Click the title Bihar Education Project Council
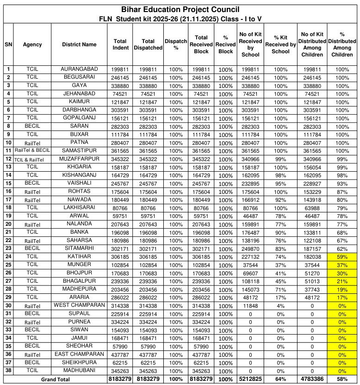(x=180, y=9)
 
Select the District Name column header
(x=79, y=44)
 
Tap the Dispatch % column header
(x=175, y=44)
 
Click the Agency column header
(x=32, y=44)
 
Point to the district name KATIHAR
(x=79, y=256)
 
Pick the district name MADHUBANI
(x=79, y=370)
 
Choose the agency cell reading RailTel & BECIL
(x=32, y=151)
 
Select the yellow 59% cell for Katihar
(x=342, y=257)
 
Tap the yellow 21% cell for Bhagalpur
(x=342, y=281)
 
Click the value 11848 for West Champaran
(x=250, y=306)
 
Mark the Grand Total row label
(x=56, y=379)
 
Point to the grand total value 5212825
(x=250, y=379)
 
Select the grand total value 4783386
(x=312, y=379)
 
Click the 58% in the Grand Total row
(x=342, y=379)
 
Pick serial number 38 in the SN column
(x=8, y=371)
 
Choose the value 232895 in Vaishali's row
(x=250, y=184)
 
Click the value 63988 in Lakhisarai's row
(x=312, y=208)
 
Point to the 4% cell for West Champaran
(x=280, y=306)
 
